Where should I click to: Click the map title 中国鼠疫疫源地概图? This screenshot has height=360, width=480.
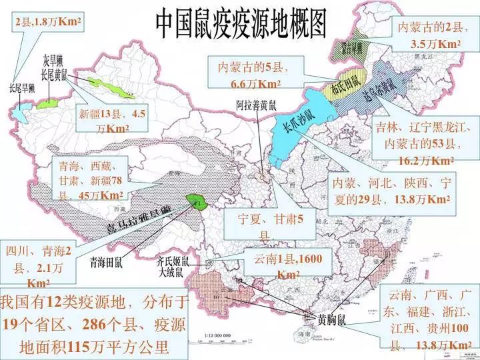click(242, 25)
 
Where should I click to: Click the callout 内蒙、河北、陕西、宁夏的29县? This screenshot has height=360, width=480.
click(393, 190)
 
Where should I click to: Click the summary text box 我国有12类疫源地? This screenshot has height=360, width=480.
click(93, 325)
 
